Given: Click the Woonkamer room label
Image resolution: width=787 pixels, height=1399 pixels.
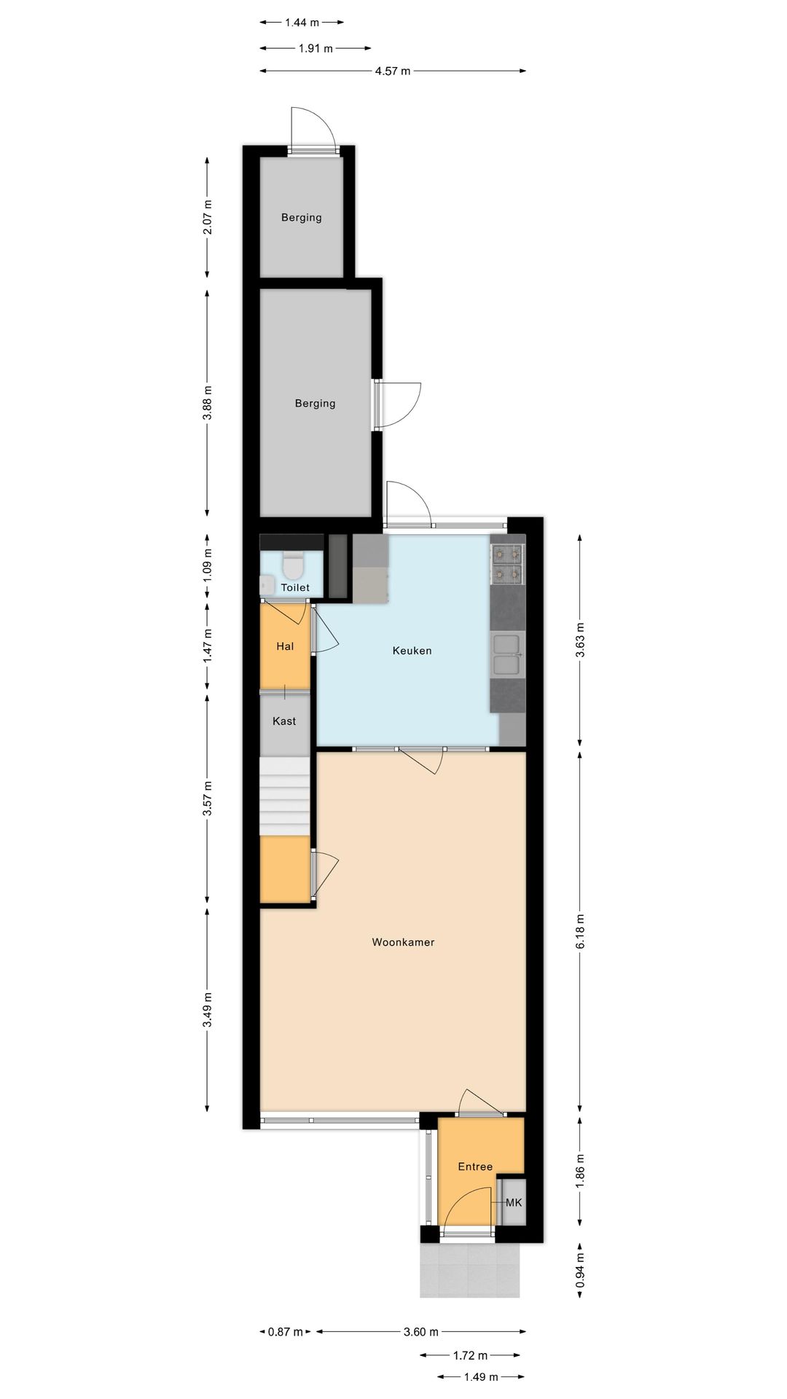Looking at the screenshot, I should (x=403, y=942).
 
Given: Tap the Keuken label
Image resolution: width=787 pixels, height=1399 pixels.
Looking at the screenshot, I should (x=412, y=651).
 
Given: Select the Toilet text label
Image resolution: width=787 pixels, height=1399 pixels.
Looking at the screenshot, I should (x=295, y=587).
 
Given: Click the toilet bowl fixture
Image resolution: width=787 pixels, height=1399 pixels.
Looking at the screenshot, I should (x=293, y=564).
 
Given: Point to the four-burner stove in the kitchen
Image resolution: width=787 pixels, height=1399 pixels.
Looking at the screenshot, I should (x=508, y=565).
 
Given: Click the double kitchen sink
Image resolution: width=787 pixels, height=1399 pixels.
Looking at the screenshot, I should (x=507, y=654).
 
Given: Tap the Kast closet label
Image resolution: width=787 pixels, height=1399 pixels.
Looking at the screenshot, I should (x=284, y=721).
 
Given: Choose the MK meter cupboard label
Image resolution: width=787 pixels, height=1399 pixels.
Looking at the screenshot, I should (x=514, y=1202).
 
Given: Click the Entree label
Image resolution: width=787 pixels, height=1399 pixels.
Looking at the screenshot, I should (x=475, y=1167).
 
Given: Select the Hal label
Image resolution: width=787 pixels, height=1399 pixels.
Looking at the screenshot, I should (x=285, y=646).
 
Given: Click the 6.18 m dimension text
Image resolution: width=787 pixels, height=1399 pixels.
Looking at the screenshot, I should (x=581, y=931).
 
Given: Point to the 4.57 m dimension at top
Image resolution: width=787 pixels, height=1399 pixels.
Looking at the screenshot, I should (x=393, y=71).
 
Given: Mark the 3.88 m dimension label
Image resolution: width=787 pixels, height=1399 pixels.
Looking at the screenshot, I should (x=208, y=403).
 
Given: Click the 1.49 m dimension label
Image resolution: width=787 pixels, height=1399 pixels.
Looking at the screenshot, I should (x=481, y=1376).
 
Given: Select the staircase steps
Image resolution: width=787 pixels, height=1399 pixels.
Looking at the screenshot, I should (x=285, y=796).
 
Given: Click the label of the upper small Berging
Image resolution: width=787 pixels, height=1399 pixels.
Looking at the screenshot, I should (x=302, y=217).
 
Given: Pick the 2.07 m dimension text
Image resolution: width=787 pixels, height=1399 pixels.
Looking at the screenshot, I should (x=208, y=217).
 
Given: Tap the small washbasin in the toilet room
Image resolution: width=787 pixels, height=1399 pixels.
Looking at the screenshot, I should (x=266, y=584).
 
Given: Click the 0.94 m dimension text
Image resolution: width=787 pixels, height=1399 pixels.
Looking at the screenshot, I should (x=581, y=1271).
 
